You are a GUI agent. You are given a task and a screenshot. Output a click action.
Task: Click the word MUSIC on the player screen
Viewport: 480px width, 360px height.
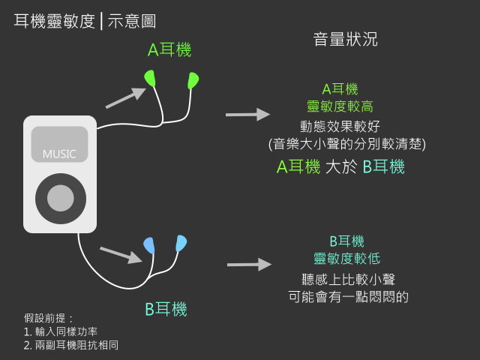tap(59, 154)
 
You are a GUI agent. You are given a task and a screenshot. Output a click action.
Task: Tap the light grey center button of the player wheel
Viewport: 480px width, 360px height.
tap(61, 198)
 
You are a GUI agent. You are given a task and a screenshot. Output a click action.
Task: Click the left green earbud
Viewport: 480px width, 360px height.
tap(150, 78)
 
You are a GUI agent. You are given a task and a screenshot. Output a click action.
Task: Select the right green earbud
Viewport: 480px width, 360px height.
tap(193, 80)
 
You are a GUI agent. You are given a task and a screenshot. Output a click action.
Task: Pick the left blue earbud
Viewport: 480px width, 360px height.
tap(149, 245)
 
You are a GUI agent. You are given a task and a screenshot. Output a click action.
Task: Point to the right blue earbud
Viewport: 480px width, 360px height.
tap(181, 243)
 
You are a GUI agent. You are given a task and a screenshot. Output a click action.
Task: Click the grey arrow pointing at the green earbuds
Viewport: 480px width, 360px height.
tap(126, 98)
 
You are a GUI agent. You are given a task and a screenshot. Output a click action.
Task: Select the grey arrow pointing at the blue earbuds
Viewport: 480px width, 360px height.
tap(121, 255)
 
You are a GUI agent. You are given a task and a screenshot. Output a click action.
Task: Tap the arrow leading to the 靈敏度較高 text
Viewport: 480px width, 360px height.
tap(248, 115)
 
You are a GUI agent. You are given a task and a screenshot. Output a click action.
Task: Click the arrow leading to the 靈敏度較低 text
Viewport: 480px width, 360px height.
tap(250, 265)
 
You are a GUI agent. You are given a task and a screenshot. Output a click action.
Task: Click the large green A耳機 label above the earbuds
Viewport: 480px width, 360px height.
tap(169, 50)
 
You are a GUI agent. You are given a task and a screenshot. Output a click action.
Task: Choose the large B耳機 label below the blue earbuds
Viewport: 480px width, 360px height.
tap(166, 309)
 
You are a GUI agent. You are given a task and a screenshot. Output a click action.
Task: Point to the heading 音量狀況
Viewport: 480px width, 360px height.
tap(345, 39)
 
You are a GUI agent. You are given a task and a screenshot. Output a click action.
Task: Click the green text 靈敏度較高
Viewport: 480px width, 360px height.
tap(340, 106)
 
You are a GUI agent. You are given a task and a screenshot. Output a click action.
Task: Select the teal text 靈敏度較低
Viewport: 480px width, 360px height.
tap(346, 259)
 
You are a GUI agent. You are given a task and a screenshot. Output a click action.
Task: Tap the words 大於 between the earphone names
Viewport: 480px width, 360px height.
tap(341, 166)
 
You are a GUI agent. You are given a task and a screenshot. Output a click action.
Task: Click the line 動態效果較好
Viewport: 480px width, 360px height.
tap(340, 127)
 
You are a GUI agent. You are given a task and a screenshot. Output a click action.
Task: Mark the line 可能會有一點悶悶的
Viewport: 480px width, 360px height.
tap(348, 297)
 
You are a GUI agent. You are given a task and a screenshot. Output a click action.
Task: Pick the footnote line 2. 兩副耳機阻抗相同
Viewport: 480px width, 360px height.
tap(71, 345)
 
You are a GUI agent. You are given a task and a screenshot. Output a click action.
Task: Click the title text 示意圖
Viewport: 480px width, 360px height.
tap(132, 21)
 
